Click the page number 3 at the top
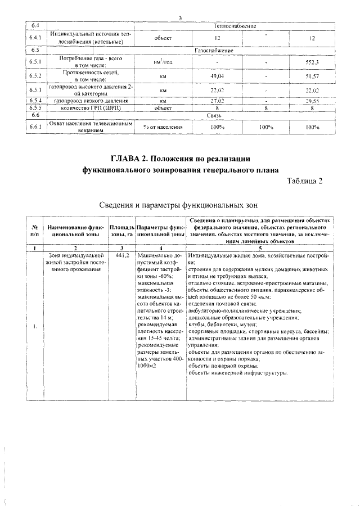click(180, 19)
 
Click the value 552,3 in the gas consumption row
click(312, 62)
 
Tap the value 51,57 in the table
click(312, 75)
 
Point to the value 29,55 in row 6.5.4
click(312, 101)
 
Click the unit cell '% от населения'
click(163, 128)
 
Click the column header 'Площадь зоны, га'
click(123, 229)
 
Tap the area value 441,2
click(123, 256)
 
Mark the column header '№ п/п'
click(35, 229)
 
